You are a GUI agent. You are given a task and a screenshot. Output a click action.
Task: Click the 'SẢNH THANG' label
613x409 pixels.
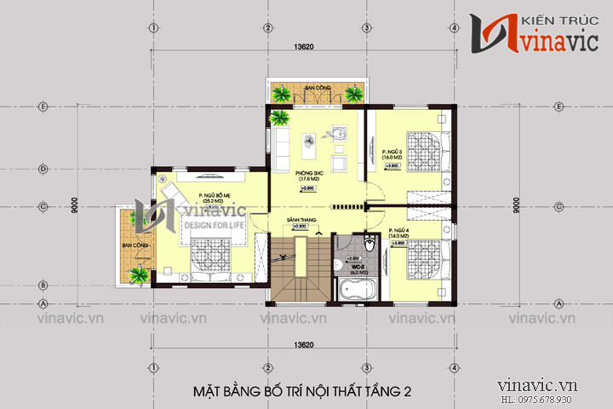coord(301,220)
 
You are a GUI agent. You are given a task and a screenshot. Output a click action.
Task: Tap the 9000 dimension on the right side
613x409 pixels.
coord(517,204)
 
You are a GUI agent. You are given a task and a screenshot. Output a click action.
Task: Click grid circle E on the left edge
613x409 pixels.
coord(42,107)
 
